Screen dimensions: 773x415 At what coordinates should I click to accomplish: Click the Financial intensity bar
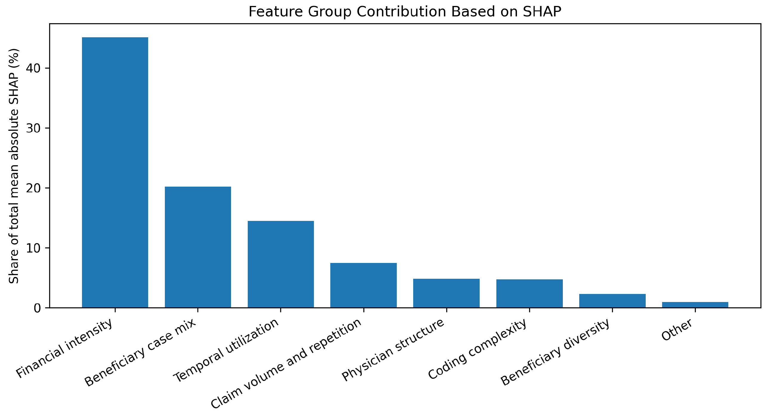point(115,172)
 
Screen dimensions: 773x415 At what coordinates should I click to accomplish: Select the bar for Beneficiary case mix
point(198,247)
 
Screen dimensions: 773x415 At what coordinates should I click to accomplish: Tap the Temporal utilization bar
point(281,264)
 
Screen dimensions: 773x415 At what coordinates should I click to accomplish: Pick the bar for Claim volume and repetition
point(363,285)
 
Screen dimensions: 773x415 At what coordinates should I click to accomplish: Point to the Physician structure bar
point(446,293)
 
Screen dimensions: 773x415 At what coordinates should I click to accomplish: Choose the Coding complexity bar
point(529,293)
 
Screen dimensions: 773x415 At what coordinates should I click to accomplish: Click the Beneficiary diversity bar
point(612,301)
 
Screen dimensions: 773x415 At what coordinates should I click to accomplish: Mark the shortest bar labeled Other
point(695,305)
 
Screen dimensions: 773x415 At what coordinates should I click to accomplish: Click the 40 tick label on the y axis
point(33,68)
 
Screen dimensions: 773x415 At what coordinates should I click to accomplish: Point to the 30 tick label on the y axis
point(33,128)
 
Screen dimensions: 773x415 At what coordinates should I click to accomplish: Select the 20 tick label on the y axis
point(33,188)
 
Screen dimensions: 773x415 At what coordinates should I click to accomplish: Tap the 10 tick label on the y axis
point(33,248)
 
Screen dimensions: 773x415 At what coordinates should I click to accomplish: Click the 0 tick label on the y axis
point(37,308)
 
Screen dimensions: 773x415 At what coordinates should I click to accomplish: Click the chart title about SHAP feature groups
point(405,12)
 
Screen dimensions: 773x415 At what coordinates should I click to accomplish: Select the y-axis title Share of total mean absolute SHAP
point(14,166)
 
